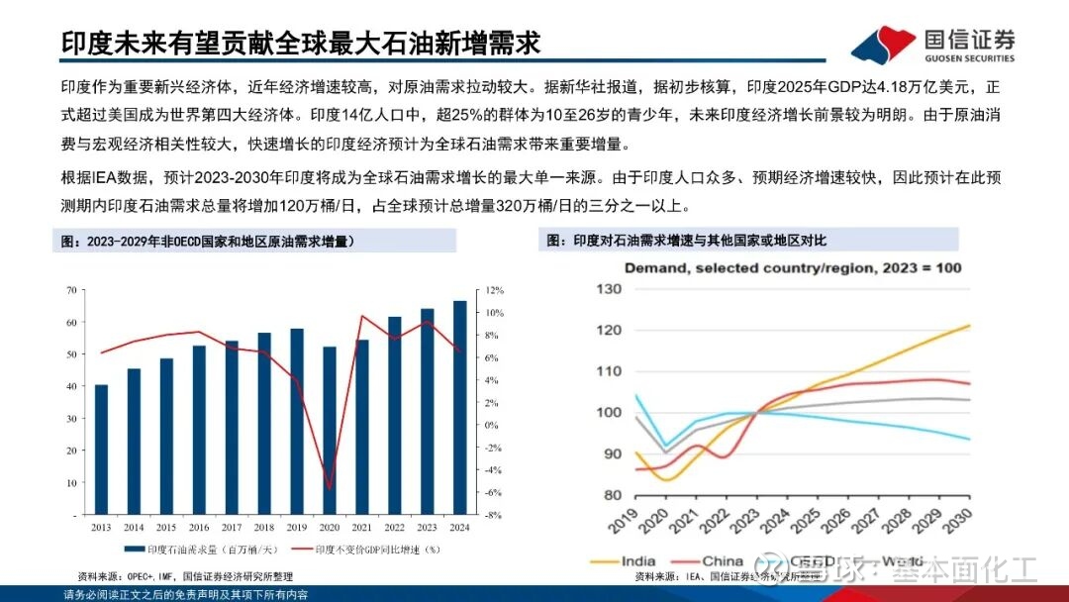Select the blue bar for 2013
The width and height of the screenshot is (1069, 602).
point(101,450)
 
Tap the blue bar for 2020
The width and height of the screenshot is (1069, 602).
point(330,431)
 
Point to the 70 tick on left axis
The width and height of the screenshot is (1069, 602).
point(71,290)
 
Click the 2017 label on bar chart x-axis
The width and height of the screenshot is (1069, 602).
point(232,528)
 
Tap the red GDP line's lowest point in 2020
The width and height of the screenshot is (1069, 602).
point(330,488)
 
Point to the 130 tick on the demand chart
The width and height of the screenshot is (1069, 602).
point(609,289)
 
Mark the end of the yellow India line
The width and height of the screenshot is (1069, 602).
point(969,325)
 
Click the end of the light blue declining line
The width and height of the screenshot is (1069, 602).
point(969,439)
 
